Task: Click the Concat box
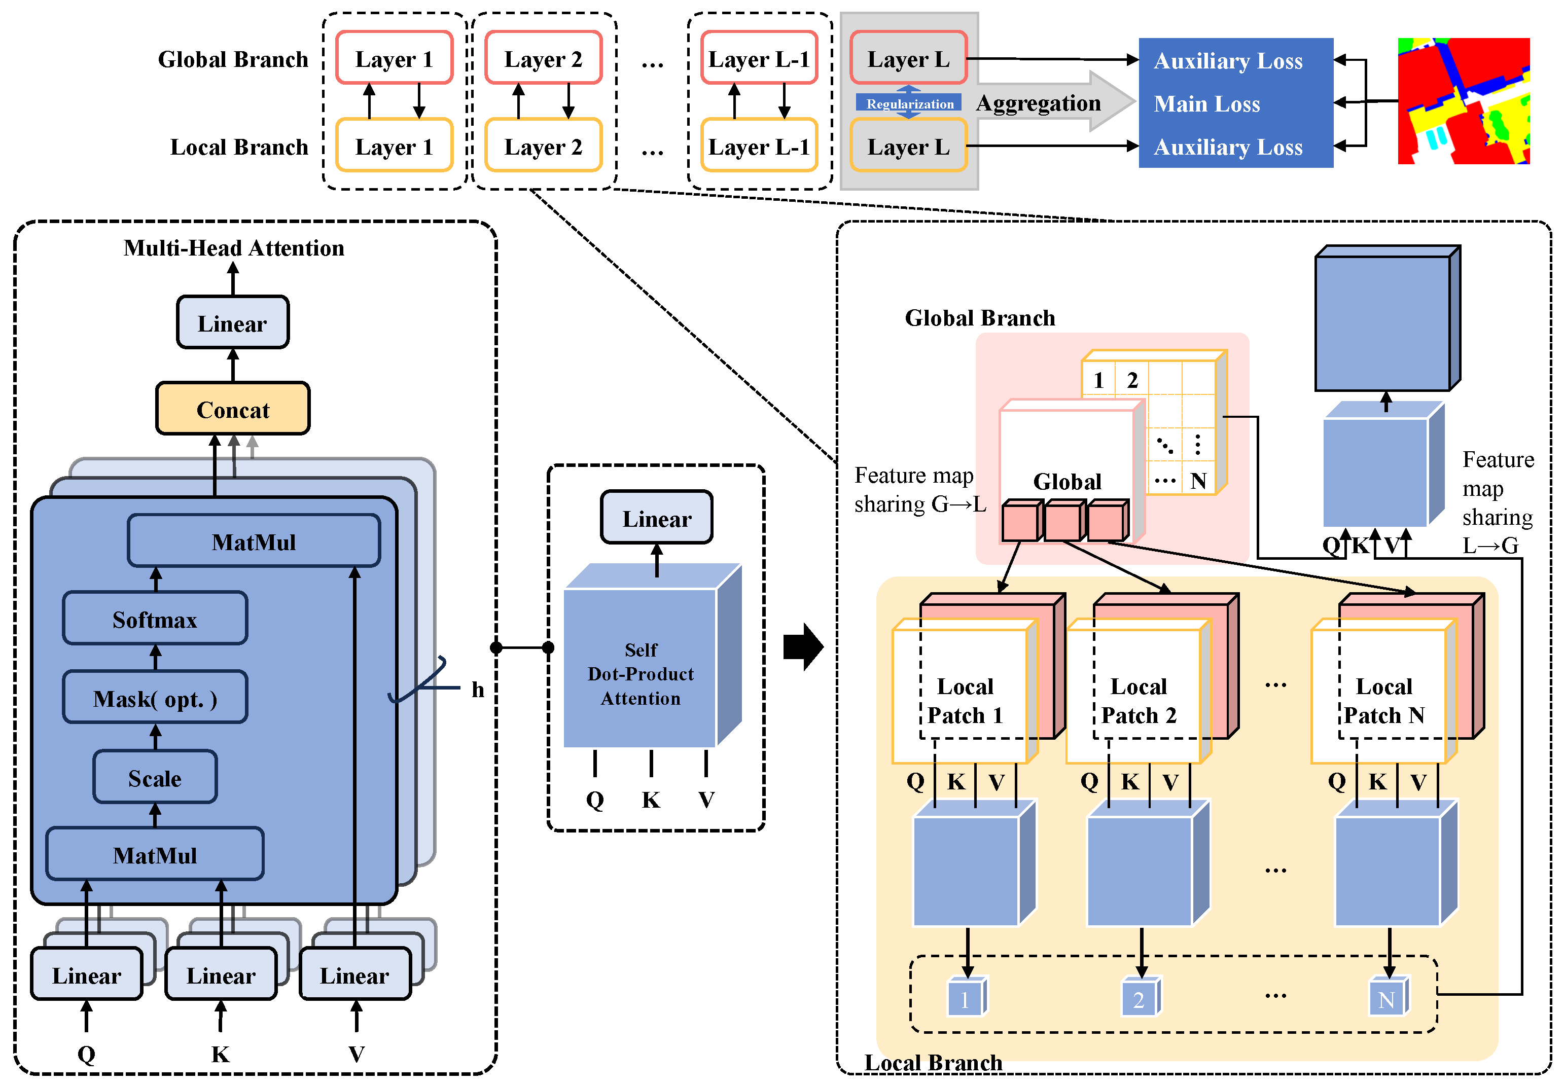pos(233,409)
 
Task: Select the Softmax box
pos(155,619)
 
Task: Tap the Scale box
pos(155,778)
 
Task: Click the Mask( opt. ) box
pos(155,698)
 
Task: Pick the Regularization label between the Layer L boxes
pos(909,103)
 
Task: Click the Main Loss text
pos(1206,103)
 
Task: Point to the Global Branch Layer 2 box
pos(543,58)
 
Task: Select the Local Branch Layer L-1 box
pos(759,147)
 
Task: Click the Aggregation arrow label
pos(1038,103)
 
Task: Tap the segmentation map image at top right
pos(1463,101)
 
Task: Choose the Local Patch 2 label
pos(1139,701)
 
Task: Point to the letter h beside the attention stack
pos(478,690)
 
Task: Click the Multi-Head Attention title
pos(233,248)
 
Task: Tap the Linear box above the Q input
pos(86,974)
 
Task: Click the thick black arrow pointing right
pos(803,646)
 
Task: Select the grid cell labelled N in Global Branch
pos(1198,481)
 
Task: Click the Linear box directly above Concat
pos(233,322)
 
